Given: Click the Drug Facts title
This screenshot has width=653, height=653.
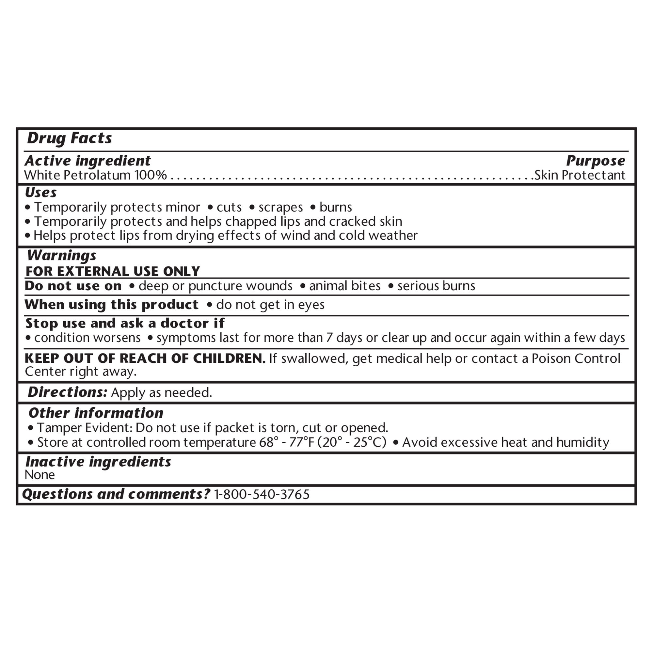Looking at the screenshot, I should pyautogui.click(x=69, y=138).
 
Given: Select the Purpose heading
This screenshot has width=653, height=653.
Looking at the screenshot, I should pyautogui.click(x=596, y=161).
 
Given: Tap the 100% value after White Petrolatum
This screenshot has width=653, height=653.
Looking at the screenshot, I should pyautogui.click(x=151, y=175).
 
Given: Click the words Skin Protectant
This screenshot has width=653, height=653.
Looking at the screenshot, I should pyautogui.click(x=580, y=175).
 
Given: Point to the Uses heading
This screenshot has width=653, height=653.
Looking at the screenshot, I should pyautogui.click(x=41, y=193).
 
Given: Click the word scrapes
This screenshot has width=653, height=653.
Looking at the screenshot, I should pyautogui.click(x=280, y=207).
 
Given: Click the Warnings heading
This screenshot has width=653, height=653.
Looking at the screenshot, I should pyautogui.click(x=62, y=256).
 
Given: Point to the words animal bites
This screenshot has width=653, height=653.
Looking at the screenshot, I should pyautogui.click(x=345, y=286).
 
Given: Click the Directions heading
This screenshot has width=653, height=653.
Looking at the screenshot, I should pyautogui.click(x=68, y=392).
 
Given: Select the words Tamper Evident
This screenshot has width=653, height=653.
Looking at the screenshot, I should pyautogui.click(x=84, y=428).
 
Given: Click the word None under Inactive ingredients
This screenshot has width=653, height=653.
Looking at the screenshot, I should pyautogui.click(x=40, y=475).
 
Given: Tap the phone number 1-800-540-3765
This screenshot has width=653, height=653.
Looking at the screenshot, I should pyautogui.click(x=262, y=494).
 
